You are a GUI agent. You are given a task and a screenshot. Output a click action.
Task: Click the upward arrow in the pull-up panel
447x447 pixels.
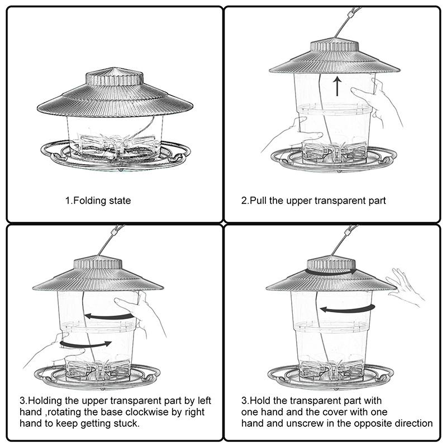[x=337, y=86]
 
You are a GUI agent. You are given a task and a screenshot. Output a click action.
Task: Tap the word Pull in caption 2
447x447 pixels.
[x=258, y=201]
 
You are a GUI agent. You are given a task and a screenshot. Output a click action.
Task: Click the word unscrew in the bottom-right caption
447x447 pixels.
[x=305, y=424]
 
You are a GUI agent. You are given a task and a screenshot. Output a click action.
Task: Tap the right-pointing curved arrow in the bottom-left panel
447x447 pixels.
[x=85, y=344]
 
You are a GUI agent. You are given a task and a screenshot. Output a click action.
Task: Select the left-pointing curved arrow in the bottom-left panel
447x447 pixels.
[x=109, y=316]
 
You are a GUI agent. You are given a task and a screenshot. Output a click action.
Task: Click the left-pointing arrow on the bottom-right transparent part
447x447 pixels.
[x=348, y=309]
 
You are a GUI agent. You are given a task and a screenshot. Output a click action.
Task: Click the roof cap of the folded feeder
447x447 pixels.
[x=115, y=77]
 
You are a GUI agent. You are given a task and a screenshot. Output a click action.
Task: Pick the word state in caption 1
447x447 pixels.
[x=120, y=201]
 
